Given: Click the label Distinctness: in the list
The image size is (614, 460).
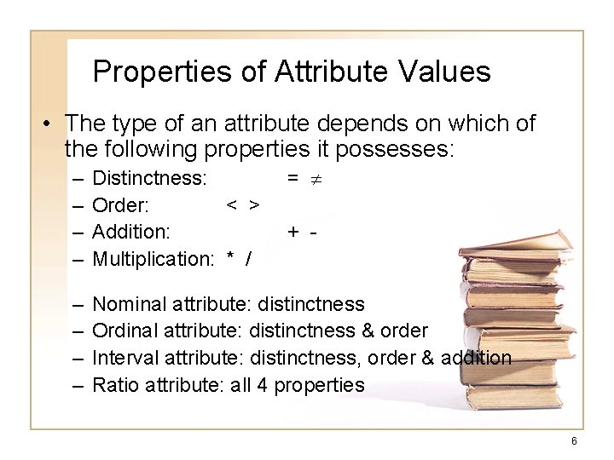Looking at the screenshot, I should (148, 178).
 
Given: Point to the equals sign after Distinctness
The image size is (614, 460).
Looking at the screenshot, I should (292, 178).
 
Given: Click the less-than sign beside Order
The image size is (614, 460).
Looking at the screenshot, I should (230, 205).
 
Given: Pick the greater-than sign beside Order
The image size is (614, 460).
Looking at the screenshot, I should (254, 205).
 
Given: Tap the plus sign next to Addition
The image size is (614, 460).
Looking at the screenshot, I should (293, 232).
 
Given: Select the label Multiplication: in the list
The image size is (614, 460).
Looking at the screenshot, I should (152, 258).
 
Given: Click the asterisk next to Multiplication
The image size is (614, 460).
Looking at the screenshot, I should (230, 258).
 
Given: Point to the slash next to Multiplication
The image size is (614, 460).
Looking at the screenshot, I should (248, 258).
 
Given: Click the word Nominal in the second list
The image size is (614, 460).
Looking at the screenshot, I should (129, 304).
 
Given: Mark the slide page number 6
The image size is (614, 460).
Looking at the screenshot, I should (574, 441).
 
